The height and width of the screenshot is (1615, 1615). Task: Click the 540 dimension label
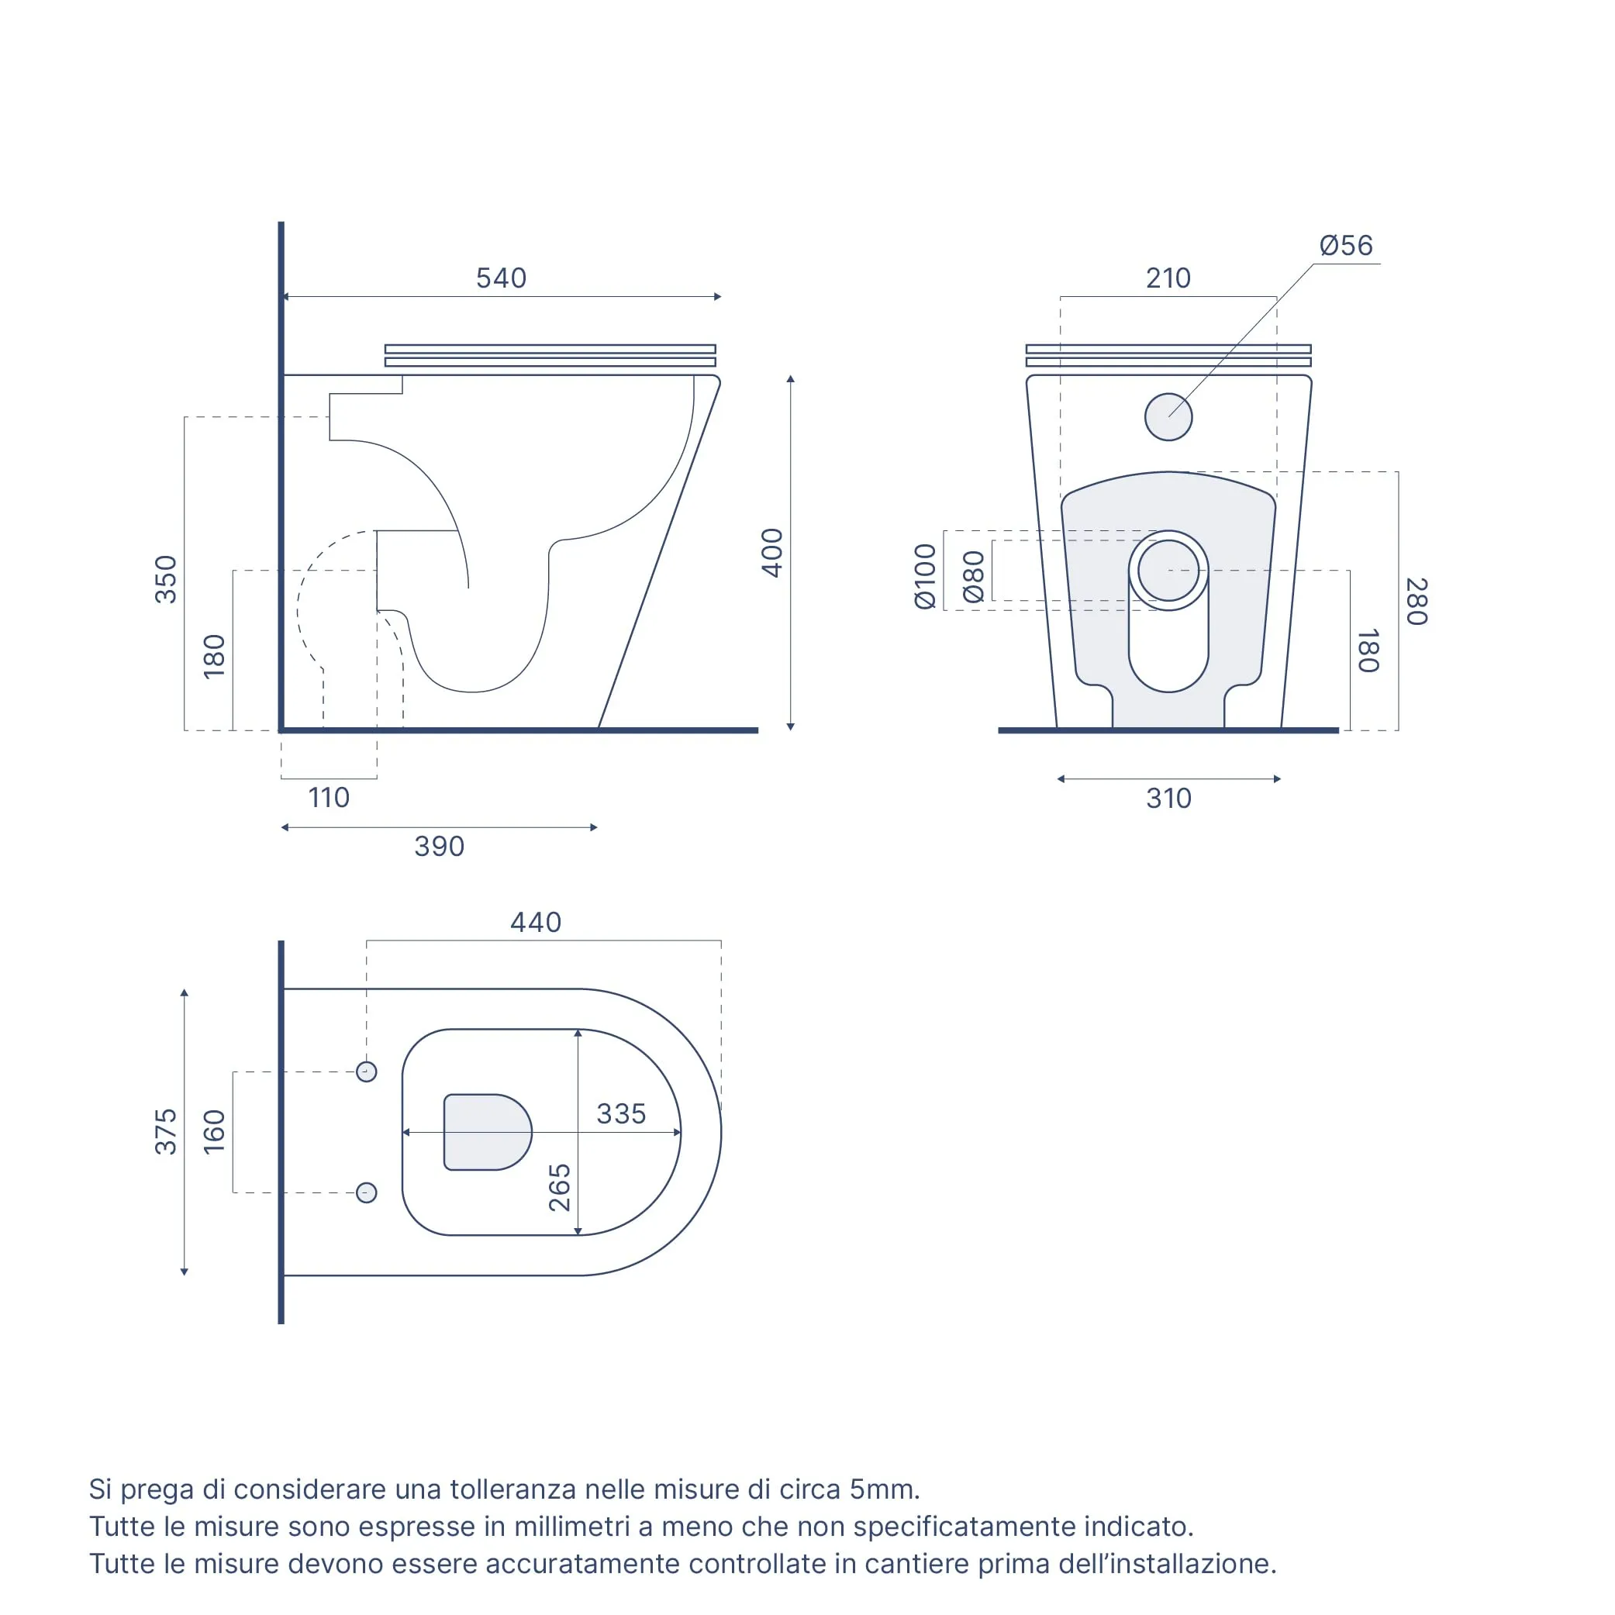tap(502, 278)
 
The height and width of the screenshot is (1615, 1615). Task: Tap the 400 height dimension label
tap(772, 553)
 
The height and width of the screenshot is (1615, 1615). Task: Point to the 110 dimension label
tap(330, 798)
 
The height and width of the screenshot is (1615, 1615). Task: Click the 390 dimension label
tap(440, 846)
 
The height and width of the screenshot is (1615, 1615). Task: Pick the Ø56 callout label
tap(1346, 245)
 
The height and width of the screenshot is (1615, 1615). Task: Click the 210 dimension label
tap(1168, 278)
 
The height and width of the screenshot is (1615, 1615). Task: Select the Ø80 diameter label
tap(974, 577)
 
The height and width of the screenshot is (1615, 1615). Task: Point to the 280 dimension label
tap(1416, 601)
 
